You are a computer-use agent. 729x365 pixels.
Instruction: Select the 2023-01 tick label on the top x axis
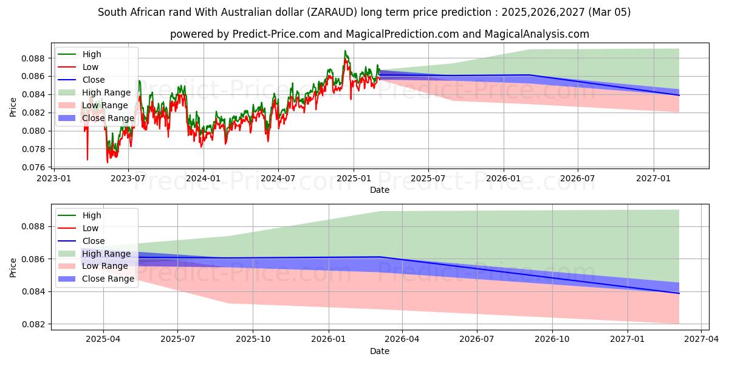(55, 178)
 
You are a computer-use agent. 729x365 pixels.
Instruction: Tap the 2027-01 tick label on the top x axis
(653, 178)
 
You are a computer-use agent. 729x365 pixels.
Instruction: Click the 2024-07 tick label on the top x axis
(278, 178)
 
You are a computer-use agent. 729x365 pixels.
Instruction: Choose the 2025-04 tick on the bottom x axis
(103, 339)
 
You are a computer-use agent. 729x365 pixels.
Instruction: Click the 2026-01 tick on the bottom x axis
(328, 339)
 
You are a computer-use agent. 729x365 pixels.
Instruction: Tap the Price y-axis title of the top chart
(13, 106)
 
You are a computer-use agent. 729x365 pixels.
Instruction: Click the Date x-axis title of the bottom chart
(380, 351)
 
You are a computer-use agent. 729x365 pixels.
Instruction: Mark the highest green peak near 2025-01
(345, 50)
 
